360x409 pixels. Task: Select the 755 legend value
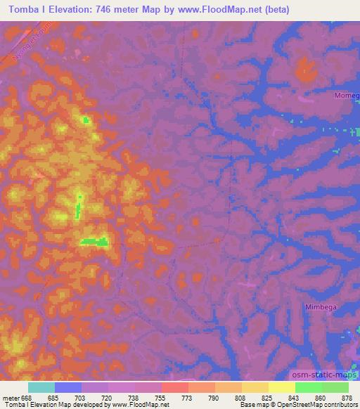[162, 396]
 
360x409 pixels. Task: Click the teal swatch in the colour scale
[41, 387]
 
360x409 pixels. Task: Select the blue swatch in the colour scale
[68, 387]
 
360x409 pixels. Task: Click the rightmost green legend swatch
[335, 387]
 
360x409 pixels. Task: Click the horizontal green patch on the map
[94, 242]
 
